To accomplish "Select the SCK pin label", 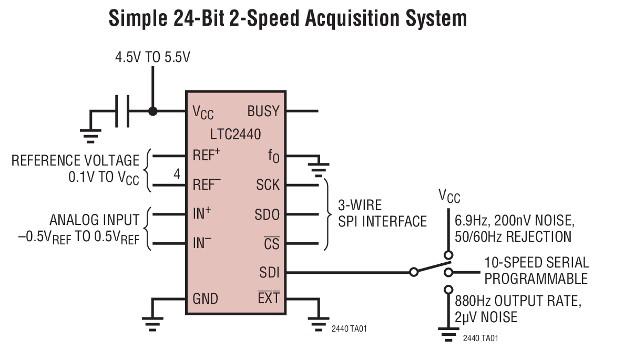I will coord(268,185).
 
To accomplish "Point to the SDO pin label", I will coord(267,214).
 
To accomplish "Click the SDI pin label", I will coord(269,272).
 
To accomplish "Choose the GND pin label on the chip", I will coord(205,299).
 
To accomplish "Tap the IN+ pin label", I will coord(202,214).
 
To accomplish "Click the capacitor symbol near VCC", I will coord(122,111).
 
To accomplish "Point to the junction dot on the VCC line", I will coord(153,111).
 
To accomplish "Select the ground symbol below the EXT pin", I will coord(318,324).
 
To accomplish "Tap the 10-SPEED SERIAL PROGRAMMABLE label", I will coord(536,270).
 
